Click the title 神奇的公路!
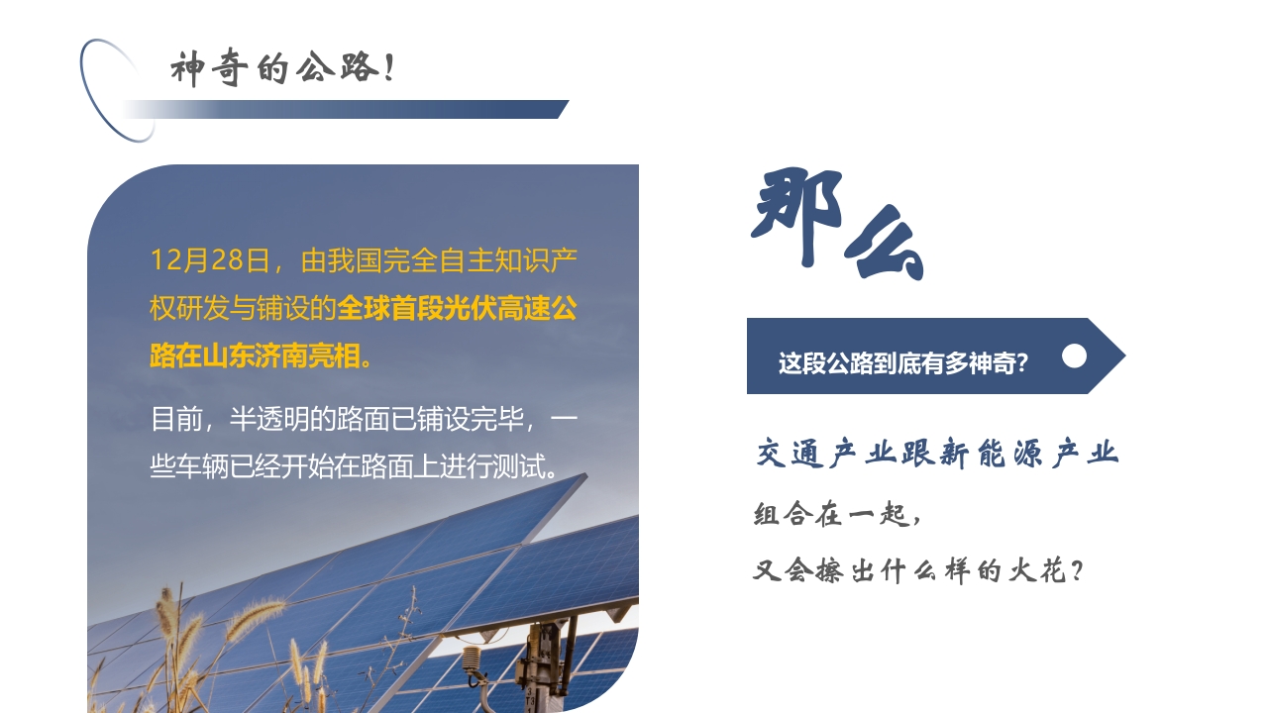(x=282, y=69)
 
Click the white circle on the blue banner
(x=1074, y=356)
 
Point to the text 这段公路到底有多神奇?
(x=902, y=363)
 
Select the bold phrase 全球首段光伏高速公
(x=457, y=308)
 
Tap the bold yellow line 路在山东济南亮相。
(x=263, y=356)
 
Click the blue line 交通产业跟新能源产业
(x=937, y=454)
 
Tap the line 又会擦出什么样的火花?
(x=917, y=570)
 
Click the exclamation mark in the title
(x=387, y=69)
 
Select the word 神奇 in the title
(x=206, y=69)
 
